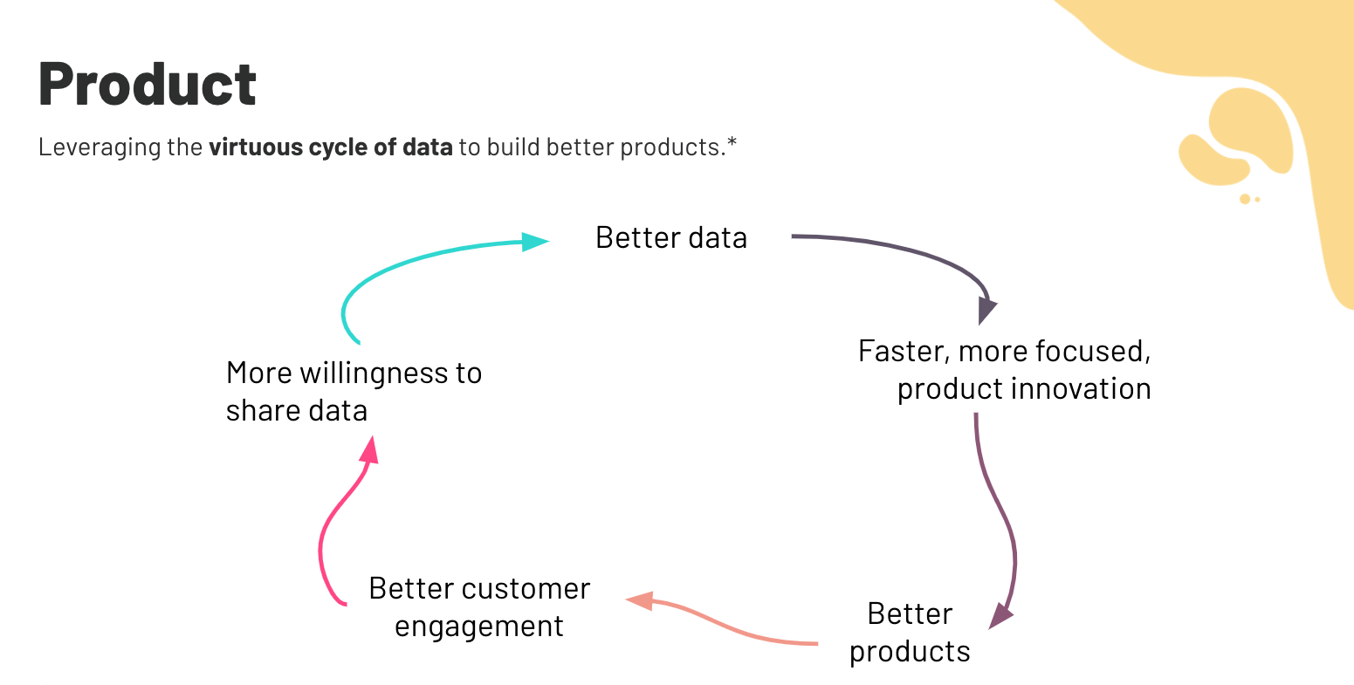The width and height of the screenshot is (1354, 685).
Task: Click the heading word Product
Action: click(148, 85)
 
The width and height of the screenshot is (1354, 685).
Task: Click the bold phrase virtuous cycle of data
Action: click(330, 147)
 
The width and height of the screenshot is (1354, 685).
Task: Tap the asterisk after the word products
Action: click(732, 143)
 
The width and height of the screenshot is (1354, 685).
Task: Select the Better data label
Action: click(670, 238)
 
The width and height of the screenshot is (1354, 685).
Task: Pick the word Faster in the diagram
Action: click(904, 352)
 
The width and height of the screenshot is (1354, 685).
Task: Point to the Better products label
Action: click(910, 633)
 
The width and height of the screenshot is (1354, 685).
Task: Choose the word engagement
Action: click(478, 627)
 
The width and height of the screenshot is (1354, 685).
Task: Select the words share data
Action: click(297, 411)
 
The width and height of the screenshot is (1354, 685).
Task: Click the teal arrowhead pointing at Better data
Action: click(534, 241)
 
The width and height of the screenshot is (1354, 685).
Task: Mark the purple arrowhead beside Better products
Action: click(1000, 616)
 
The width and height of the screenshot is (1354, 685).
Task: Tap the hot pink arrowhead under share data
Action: click(370, 450)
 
